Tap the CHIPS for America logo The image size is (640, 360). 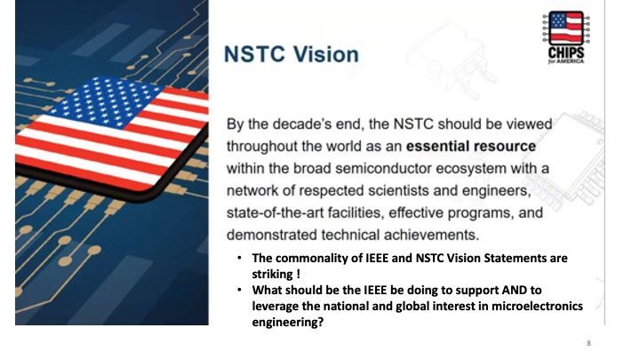coord(565,37)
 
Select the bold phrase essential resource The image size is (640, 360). coord(470,146)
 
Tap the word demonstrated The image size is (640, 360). coord(272,235)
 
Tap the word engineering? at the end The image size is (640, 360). coord(288,323)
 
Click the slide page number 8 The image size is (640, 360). coord(588,343)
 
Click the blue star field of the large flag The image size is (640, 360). coord(107,100)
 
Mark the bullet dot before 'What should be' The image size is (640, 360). coord(240,290)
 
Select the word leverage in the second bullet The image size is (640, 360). coord(275,307)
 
